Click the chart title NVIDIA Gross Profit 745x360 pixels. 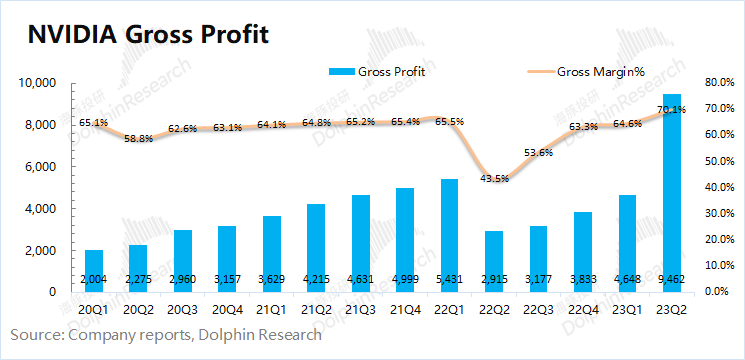pos(148,35)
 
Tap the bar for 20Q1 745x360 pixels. pos(93,271)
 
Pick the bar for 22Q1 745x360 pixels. pos(449,236)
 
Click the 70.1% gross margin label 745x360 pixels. pos(672,110)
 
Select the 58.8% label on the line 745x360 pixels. pos(139,139)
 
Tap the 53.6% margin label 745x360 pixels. pos(539,152)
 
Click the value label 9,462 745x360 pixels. pos(671,279)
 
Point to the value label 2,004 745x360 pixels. pos(93,279)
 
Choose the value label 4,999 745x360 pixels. pos(405,279)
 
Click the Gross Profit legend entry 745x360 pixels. pos(376,72)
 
